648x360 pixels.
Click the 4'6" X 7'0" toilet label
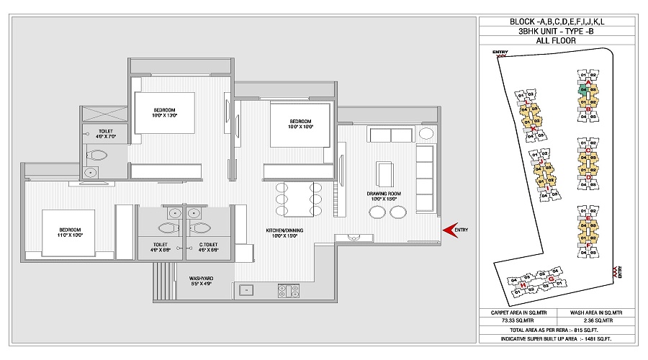point(105,132)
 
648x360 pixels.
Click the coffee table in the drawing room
point(385,173)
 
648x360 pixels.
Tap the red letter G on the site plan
point(552,279)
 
